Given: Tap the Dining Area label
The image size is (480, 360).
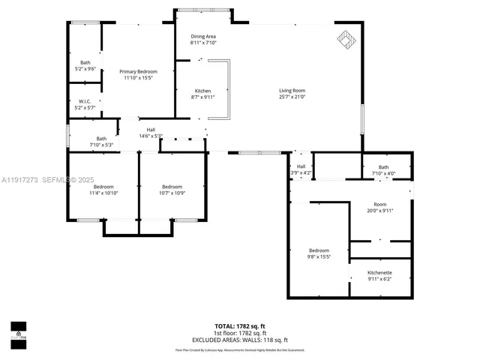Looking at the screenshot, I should tap(202, 36).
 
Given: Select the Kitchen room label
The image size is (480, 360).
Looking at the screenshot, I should tap(202, 91).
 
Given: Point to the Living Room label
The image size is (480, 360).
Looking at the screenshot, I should tap(292, 91).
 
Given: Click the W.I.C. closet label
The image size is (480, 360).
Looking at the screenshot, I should tap(85, 101).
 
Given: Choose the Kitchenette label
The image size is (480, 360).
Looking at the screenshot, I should tap(379, 272).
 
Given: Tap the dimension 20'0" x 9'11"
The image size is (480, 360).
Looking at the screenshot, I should tap(379, 211).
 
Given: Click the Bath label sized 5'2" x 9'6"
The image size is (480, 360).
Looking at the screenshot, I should tap(85, 62).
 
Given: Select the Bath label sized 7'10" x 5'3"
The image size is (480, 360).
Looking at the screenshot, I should tap(101, 139).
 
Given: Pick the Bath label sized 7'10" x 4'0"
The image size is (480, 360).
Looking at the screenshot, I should tap(383, 167).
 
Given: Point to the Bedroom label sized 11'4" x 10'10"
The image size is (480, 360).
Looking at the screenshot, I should tap(103, 187).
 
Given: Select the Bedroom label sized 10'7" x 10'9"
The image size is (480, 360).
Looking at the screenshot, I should tap(172, 187).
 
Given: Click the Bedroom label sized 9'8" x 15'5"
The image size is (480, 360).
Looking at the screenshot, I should tap(319, 250).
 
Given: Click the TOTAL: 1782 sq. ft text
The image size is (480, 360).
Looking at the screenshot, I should tap(240, 326).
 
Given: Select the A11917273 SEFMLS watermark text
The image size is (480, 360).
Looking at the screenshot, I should tap(47, 179).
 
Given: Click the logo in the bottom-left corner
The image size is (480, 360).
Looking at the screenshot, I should tap(18, 331).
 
